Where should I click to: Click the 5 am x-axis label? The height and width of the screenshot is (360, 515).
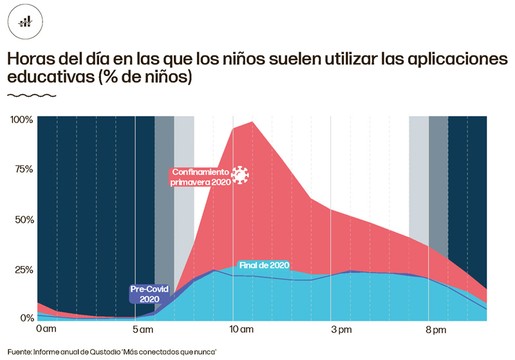point(144,330)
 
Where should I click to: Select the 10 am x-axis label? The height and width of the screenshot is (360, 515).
point(242,330)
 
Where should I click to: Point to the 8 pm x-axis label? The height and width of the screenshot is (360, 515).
point(436,330)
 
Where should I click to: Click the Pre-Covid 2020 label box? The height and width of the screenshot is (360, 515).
point(149,294)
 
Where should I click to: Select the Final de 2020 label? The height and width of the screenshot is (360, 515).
point(264,265)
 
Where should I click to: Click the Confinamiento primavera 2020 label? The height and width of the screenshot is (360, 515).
point(200,177)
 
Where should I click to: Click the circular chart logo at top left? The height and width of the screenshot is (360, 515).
point(25,21)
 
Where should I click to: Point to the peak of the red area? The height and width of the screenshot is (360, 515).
point(252,122)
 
